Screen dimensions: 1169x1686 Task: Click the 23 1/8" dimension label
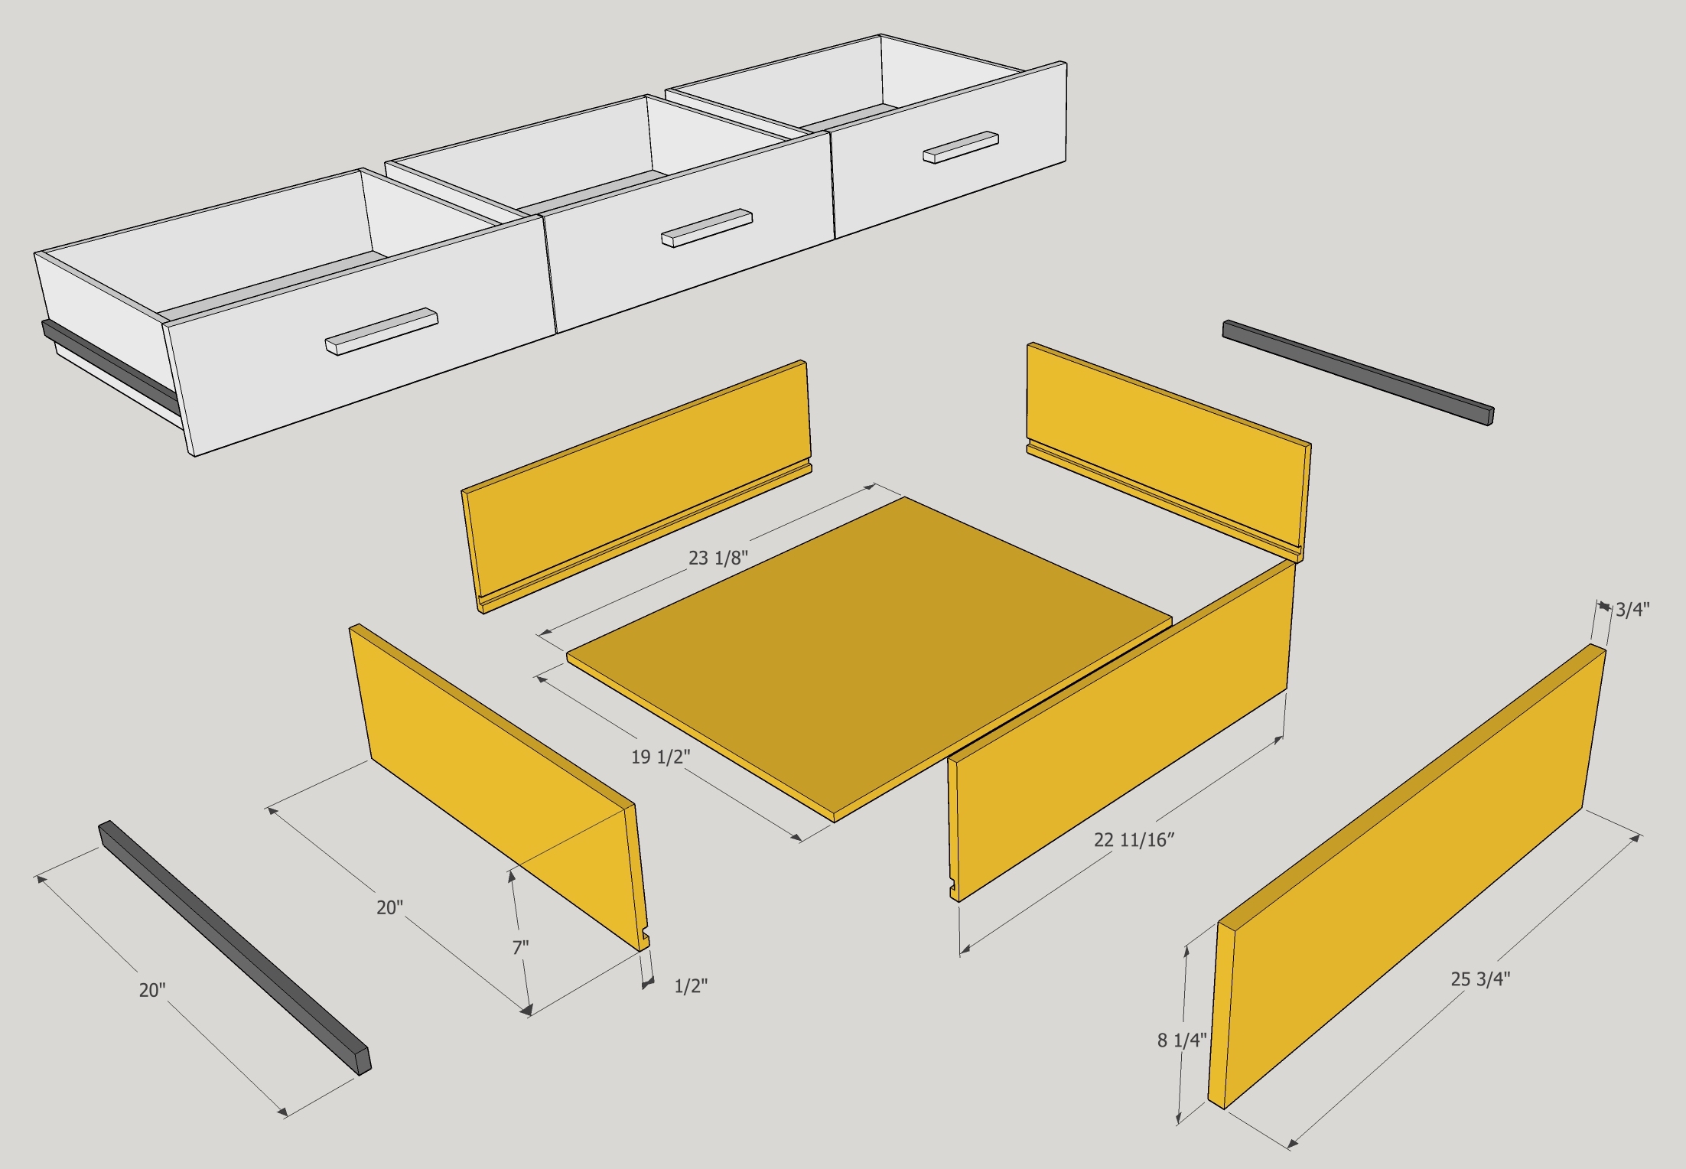click(717, 558)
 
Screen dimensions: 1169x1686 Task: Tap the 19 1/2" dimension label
click(660, 757)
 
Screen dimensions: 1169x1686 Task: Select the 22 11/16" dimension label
click(1134, 840)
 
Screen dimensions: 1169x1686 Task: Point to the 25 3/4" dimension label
click(1480, 979)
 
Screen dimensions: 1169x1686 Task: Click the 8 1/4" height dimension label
click(1181, 1040)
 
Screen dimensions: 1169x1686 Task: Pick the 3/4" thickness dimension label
click(1632, 610)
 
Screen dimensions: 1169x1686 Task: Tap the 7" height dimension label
click(520, 947)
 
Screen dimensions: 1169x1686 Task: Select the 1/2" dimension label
click(690, 986)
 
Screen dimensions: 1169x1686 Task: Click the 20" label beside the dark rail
click(151, 990)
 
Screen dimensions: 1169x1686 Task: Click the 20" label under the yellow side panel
click(389, 907)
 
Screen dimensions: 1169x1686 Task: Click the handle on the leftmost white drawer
click(381, 331)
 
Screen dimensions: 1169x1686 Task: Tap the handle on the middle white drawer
click(707, 227)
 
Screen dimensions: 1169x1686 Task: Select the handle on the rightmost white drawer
click(960, 147)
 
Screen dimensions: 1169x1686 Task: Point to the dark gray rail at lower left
click(233, 948)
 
